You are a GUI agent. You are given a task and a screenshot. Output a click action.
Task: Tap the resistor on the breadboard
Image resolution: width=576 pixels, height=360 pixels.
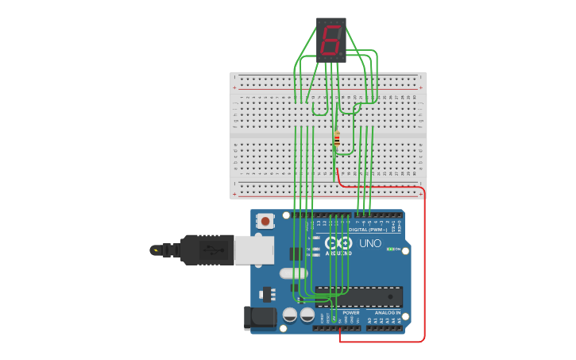point(337,139)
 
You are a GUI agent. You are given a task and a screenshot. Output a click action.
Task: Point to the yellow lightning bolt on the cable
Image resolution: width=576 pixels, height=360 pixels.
point(156,250)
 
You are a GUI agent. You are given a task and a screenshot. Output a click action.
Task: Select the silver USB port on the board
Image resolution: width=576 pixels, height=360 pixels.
point(253,250)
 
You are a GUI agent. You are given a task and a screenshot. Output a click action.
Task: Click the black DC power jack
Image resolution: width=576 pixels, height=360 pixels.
point(261,318)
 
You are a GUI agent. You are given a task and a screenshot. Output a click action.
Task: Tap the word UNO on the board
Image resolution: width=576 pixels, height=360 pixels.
point(370,243)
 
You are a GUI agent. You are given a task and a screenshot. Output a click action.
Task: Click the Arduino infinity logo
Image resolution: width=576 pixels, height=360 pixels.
point(338,243)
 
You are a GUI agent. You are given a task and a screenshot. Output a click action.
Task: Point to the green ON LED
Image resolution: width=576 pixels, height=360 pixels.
point(390,250)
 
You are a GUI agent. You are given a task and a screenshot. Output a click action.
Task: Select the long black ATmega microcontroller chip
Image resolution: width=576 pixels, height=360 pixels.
point(358,296)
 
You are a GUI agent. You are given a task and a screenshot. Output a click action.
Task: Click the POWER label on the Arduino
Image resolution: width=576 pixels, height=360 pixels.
point(350,313)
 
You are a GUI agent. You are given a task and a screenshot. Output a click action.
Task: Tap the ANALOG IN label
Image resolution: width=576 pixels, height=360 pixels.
point(388,313)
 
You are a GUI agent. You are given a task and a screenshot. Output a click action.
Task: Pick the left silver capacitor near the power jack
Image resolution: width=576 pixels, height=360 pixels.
point(290,315)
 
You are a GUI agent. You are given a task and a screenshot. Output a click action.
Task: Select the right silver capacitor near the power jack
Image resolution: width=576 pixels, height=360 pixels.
point(307,315)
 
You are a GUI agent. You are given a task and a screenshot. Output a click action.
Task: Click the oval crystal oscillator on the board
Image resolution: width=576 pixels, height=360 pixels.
point(293,273)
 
